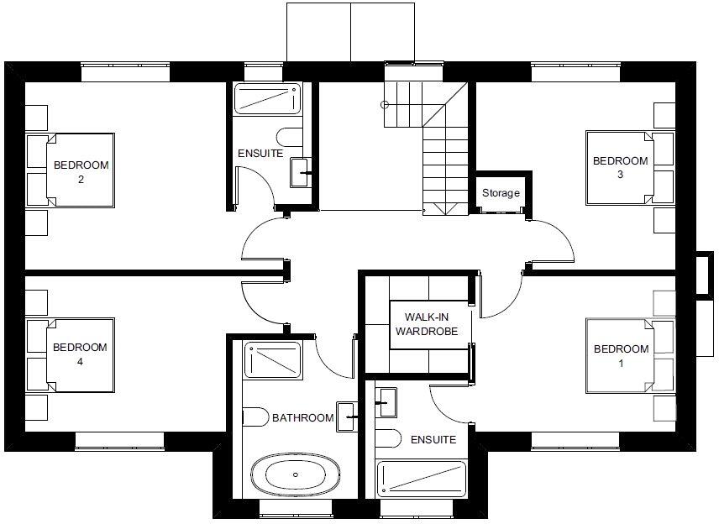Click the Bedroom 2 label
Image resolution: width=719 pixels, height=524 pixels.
(x=81, y=171)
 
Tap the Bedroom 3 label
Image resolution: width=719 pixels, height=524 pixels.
(x=620, y=168)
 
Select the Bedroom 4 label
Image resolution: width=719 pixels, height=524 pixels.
(x=80, y=354)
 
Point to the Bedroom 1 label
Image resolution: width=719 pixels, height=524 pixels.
(x=621, y=355)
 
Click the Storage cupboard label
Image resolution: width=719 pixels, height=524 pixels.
(x=501, y=193)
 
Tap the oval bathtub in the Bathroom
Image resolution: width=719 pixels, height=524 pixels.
(x=296, y=476)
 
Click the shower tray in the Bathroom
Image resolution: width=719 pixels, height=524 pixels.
(x=271, y=359)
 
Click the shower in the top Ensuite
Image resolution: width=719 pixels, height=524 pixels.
(x=267, y=100)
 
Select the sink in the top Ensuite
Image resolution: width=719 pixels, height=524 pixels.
(x=301, y=172)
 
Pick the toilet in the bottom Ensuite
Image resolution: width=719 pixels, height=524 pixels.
(x=388, y=438)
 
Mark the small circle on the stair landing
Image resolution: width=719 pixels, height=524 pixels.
(x=385, y=105)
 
